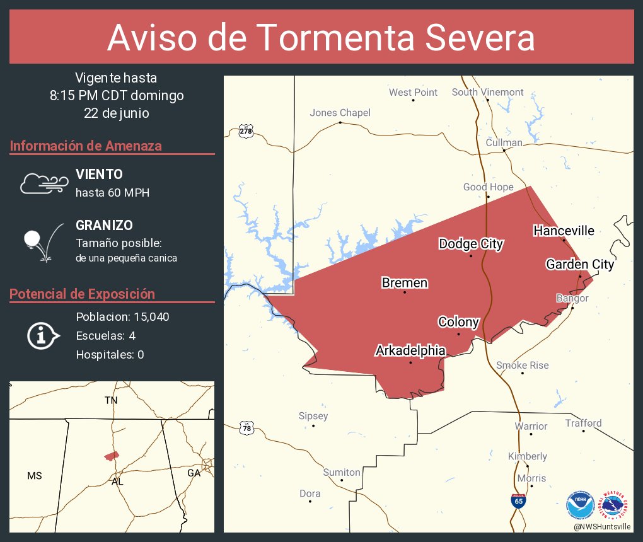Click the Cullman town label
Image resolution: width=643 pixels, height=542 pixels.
[x=504, y=142]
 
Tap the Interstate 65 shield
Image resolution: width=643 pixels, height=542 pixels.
[x=518, y=501]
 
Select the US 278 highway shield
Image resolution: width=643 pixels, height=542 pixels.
[x=246, y=131]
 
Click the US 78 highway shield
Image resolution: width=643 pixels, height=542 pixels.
[x=246, y=429]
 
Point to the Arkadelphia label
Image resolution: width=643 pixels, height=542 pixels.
[x=410, y=350]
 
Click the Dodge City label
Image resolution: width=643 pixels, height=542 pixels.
[x=471, y=244]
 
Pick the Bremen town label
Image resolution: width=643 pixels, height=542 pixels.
[x=405, y=283]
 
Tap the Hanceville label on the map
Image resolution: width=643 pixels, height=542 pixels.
[x=564, y=231]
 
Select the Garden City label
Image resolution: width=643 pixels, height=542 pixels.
[x=580, y=264]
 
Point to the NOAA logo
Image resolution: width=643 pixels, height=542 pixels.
[x=580, y=505]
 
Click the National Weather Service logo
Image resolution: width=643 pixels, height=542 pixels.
[x=615, y=505]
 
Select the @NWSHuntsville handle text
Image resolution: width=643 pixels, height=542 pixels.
[x=602, y=526]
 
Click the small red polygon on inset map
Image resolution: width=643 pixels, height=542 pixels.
[x=112, y=456]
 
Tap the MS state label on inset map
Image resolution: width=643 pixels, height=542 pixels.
[x=35, y=476]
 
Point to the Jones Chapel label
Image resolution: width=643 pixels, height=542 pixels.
[x=340, y=113]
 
